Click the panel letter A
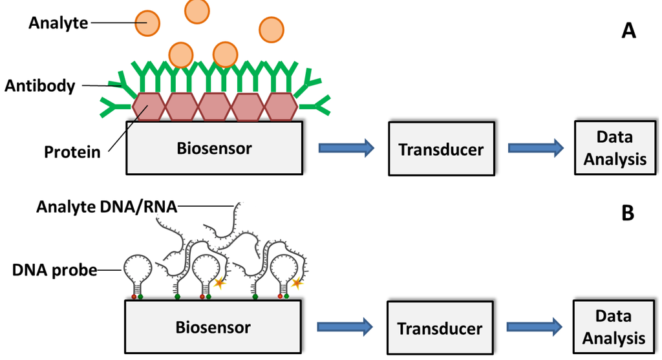click(629, 31)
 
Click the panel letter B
click(628, 214)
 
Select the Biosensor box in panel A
click(214, 148)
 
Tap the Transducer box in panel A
click(441, 149)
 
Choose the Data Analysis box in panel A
click(614, 148)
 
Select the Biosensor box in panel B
click(213, 327)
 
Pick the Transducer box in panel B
click(440, 328)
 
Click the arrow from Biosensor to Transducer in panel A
click(347, 149)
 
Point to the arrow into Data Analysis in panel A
click(535, 148)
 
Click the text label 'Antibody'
click(39, 85)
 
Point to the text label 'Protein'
click(72, 152)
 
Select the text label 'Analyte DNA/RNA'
click(107, 207)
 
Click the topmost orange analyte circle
click(197, 10)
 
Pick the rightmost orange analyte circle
click(272, 30)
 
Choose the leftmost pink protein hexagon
click(148, 106)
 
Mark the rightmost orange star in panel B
click(297, 282)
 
